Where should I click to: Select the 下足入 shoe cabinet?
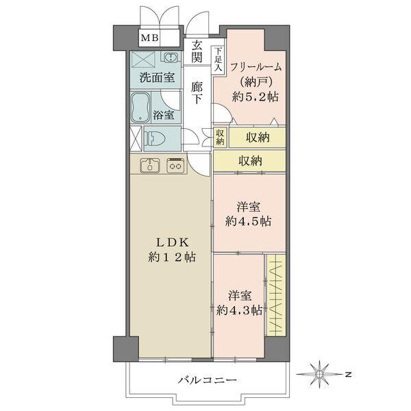point(217,60)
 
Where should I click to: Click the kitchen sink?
point(149,165)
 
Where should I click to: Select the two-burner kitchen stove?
point(175,165)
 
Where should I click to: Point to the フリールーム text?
point(256,67)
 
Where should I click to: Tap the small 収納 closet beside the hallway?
point(219,136)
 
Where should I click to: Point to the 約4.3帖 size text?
point(240,310)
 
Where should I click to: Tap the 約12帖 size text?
point(171,258)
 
